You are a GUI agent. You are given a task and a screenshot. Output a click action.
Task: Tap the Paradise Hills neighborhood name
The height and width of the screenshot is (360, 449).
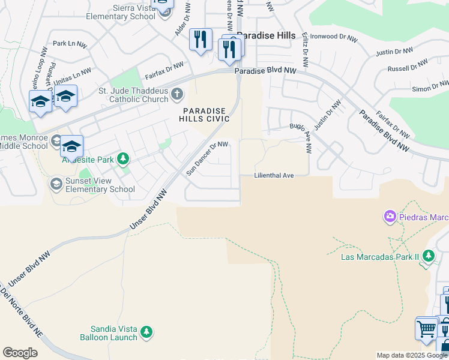click(266, 35)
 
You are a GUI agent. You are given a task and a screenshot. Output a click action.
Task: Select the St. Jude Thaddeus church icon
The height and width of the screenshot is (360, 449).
click(176, 94)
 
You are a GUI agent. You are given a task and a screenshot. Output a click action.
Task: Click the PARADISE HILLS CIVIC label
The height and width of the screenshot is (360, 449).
click(205, 115)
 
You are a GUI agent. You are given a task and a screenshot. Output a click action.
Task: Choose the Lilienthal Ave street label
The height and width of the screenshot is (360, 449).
click(274, 175)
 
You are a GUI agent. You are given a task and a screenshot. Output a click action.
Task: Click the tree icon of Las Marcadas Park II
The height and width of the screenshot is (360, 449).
click(428, 256)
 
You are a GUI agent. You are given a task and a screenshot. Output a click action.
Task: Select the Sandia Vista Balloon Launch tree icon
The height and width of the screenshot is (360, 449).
click(146, 332)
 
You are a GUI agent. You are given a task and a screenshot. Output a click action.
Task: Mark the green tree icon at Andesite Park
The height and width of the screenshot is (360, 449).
click(123, 159)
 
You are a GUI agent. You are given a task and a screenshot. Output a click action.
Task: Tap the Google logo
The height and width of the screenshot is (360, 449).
click(20, 353)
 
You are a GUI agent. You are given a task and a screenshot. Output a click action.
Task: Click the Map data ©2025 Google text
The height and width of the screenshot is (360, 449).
click(412, 355)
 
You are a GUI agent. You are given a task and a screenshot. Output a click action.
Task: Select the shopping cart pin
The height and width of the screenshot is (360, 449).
click(426, 329)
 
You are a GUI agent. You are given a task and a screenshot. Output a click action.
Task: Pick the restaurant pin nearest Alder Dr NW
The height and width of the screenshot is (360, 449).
click(200, 40)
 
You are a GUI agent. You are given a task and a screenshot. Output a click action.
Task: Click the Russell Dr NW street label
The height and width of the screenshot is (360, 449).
click(408, 65)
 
